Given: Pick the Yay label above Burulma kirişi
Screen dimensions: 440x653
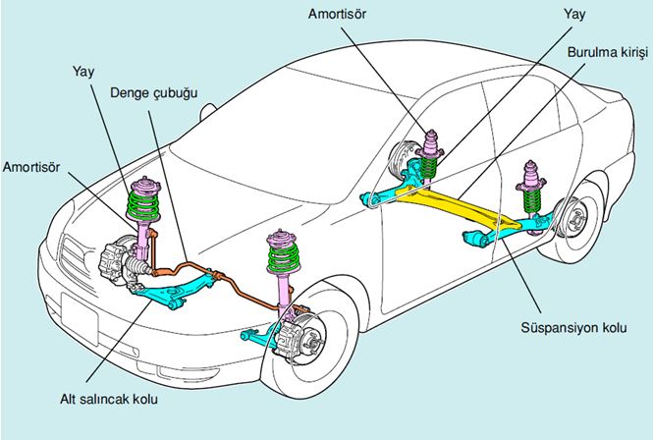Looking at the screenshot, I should click(576, 16).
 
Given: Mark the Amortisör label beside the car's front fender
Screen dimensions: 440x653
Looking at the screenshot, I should click(31, 168).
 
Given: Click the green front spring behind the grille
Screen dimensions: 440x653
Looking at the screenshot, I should click(145, 205).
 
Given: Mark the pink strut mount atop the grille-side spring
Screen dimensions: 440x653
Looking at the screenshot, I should click(145, 184).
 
